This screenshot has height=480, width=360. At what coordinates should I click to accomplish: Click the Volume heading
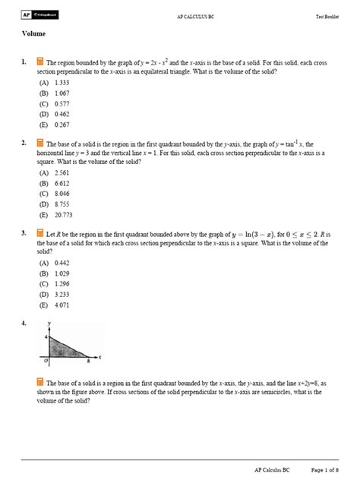pos(33,34)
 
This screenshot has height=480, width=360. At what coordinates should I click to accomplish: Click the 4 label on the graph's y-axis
pos(45,336)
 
